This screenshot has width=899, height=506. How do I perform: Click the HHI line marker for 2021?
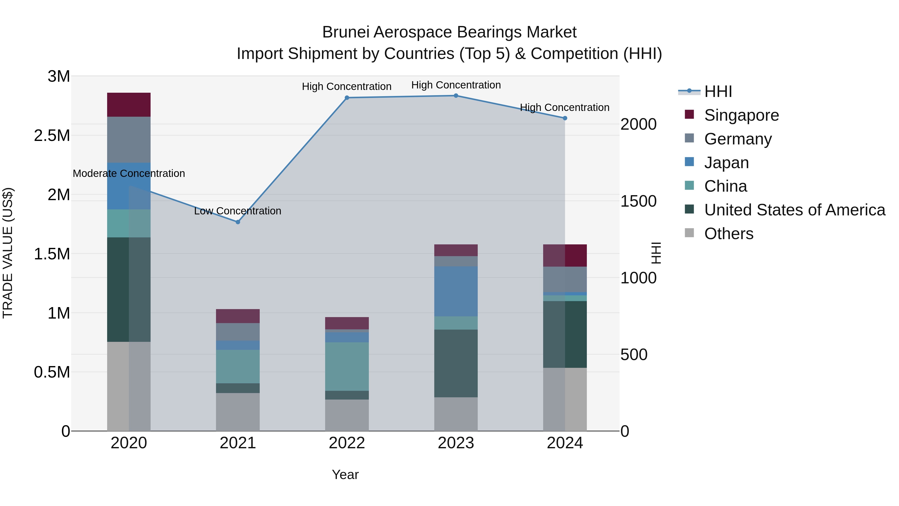(x=238, y=222)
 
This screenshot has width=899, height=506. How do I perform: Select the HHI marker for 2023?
(x=456, y=96)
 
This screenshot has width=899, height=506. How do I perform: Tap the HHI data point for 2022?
(x=347, y=98)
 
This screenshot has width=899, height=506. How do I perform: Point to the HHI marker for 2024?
(x=565, y=118)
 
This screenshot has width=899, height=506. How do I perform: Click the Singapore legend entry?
(x=741, y=115)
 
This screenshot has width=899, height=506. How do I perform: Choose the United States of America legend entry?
(x=794, y=210)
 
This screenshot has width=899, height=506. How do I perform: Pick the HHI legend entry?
(x=718, y=91)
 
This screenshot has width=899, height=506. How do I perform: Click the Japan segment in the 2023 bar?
(x=456, y=291)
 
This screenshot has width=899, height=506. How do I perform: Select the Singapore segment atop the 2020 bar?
(x=129, y=105)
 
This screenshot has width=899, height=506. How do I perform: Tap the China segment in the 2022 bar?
(x=347, y=366)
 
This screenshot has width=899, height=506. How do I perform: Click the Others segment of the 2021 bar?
(x=238, y=412)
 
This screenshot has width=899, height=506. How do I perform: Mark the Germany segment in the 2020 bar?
(x=129, y=140)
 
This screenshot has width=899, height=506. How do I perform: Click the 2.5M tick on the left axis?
(x=52, y=135)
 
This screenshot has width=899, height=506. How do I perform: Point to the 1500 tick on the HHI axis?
(x=638, y=201)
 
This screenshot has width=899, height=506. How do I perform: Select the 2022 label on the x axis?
(x=347, y=443)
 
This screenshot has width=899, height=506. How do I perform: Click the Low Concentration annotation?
(x=238, y=211)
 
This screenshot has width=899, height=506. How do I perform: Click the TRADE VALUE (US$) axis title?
(x=8, y=253)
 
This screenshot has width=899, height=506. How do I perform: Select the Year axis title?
(x=345, y=475)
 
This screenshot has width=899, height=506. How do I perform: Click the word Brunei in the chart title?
(x=346, y=32)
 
